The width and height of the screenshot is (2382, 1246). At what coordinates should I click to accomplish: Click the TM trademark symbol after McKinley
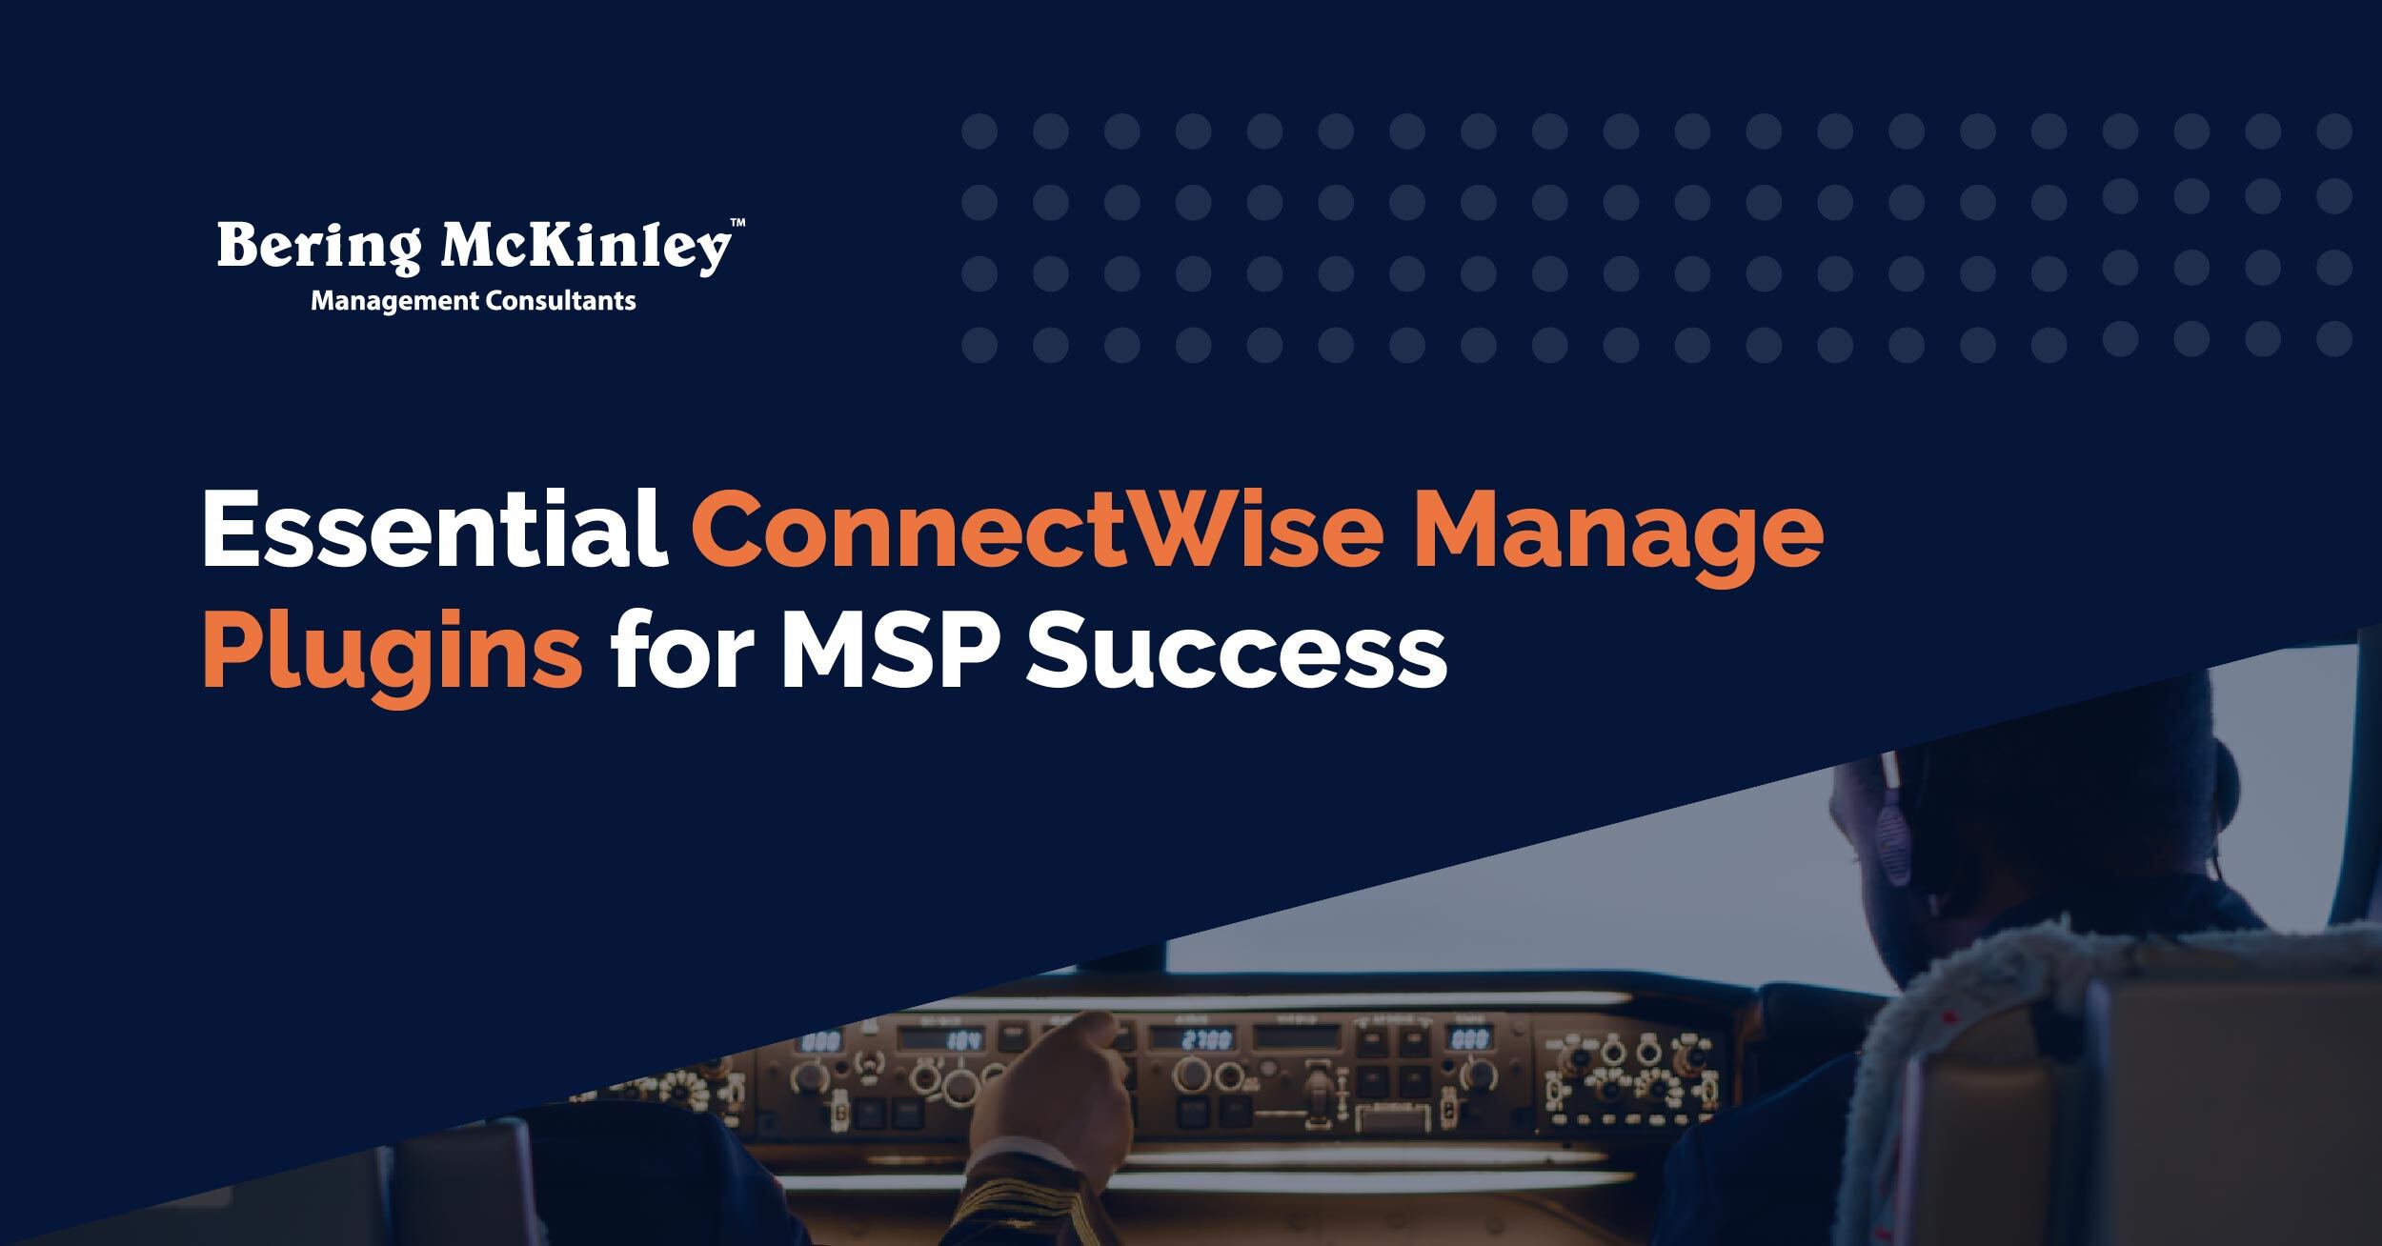737,224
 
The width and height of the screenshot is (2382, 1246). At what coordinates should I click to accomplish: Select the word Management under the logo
394,302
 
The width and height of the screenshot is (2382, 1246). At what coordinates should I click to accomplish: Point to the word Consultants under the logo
560,302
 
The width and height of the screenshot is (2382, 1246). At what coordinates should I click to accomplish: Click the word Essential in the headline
434,530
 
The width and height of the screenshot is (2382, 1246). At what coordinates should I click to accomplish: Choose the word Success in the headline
1236,654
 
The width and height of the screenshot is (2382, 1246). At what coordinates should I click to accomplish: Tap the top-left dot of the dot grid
979,131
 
